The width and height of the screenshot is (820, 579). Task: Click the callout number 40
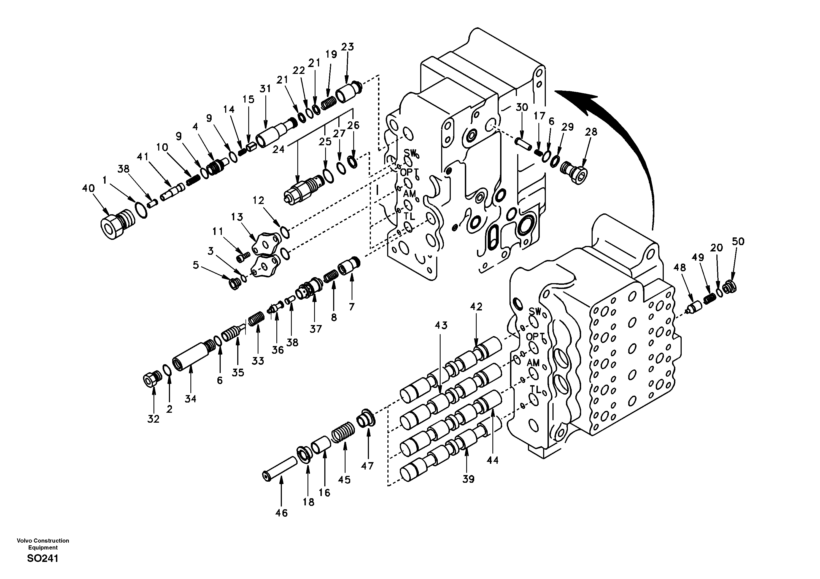(88, 188)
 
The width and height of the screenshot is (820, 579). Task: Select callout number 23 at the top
(347, 47)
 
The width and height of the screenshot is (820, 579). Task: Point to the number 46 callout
(281, 513)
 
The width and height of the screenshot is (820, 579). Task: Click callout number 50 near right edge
(738, 242)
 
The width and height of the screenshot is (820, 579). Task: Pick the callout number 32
(153, 419)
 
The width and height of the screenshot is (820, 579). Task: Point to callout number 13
(237, 217)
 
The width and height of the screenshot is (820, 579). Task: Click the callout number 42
(476, 307)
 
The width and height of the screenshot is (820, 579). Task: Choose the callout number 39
(468, 479)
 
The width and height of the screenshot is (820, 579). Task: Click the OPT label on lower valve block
(535, 337)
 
